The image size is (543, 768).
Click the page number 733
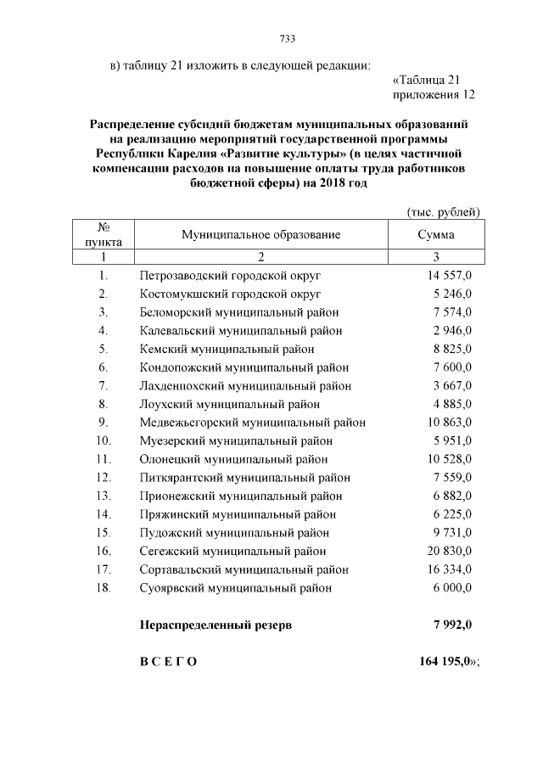(x=287, y=38)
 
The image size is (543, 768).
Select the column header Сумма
(x=435, y=234)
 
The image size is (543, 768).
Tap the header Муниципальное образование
(x=261, y=234)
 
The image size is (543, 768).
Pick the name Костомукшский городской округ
(x=230, y=294)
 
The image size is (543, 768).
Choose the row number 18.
(x=104, y=588)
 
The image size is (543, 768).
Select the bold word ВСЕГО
(x=168, y=662)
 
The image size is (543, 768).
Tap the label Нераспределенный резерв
(x=216, y=625)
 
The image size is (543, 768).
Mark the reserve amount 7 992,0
(x=452, y=625)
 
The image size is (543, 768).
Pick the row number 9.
(x=103, y=423)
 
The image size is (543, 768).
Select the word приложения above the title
(x=421, y=94)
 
